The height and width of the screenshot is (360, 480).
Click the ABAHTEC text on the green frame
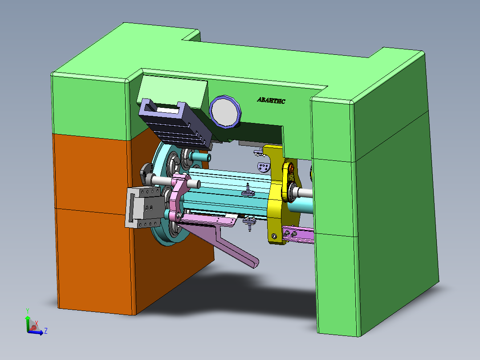[x=271, y=100]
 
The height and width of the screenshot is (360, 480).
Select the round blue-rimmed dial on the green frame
[x=225, y=111]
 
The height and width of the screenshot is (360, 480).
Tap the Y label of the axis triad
[x=28, y=311]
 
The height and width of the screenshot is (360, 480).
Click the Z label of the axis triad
[x=45, y=331]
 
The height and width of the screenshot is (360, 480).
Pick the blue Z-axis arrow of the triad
[x=37, y=332]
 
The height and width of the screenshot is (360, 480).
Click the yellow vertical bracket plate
[x=275, y=196]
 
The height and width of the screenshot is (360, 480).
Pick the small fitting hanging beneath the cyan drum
[x=250, y=223]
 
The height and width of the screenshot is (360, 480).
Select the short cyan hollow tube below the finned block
[x=200, y=157]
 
